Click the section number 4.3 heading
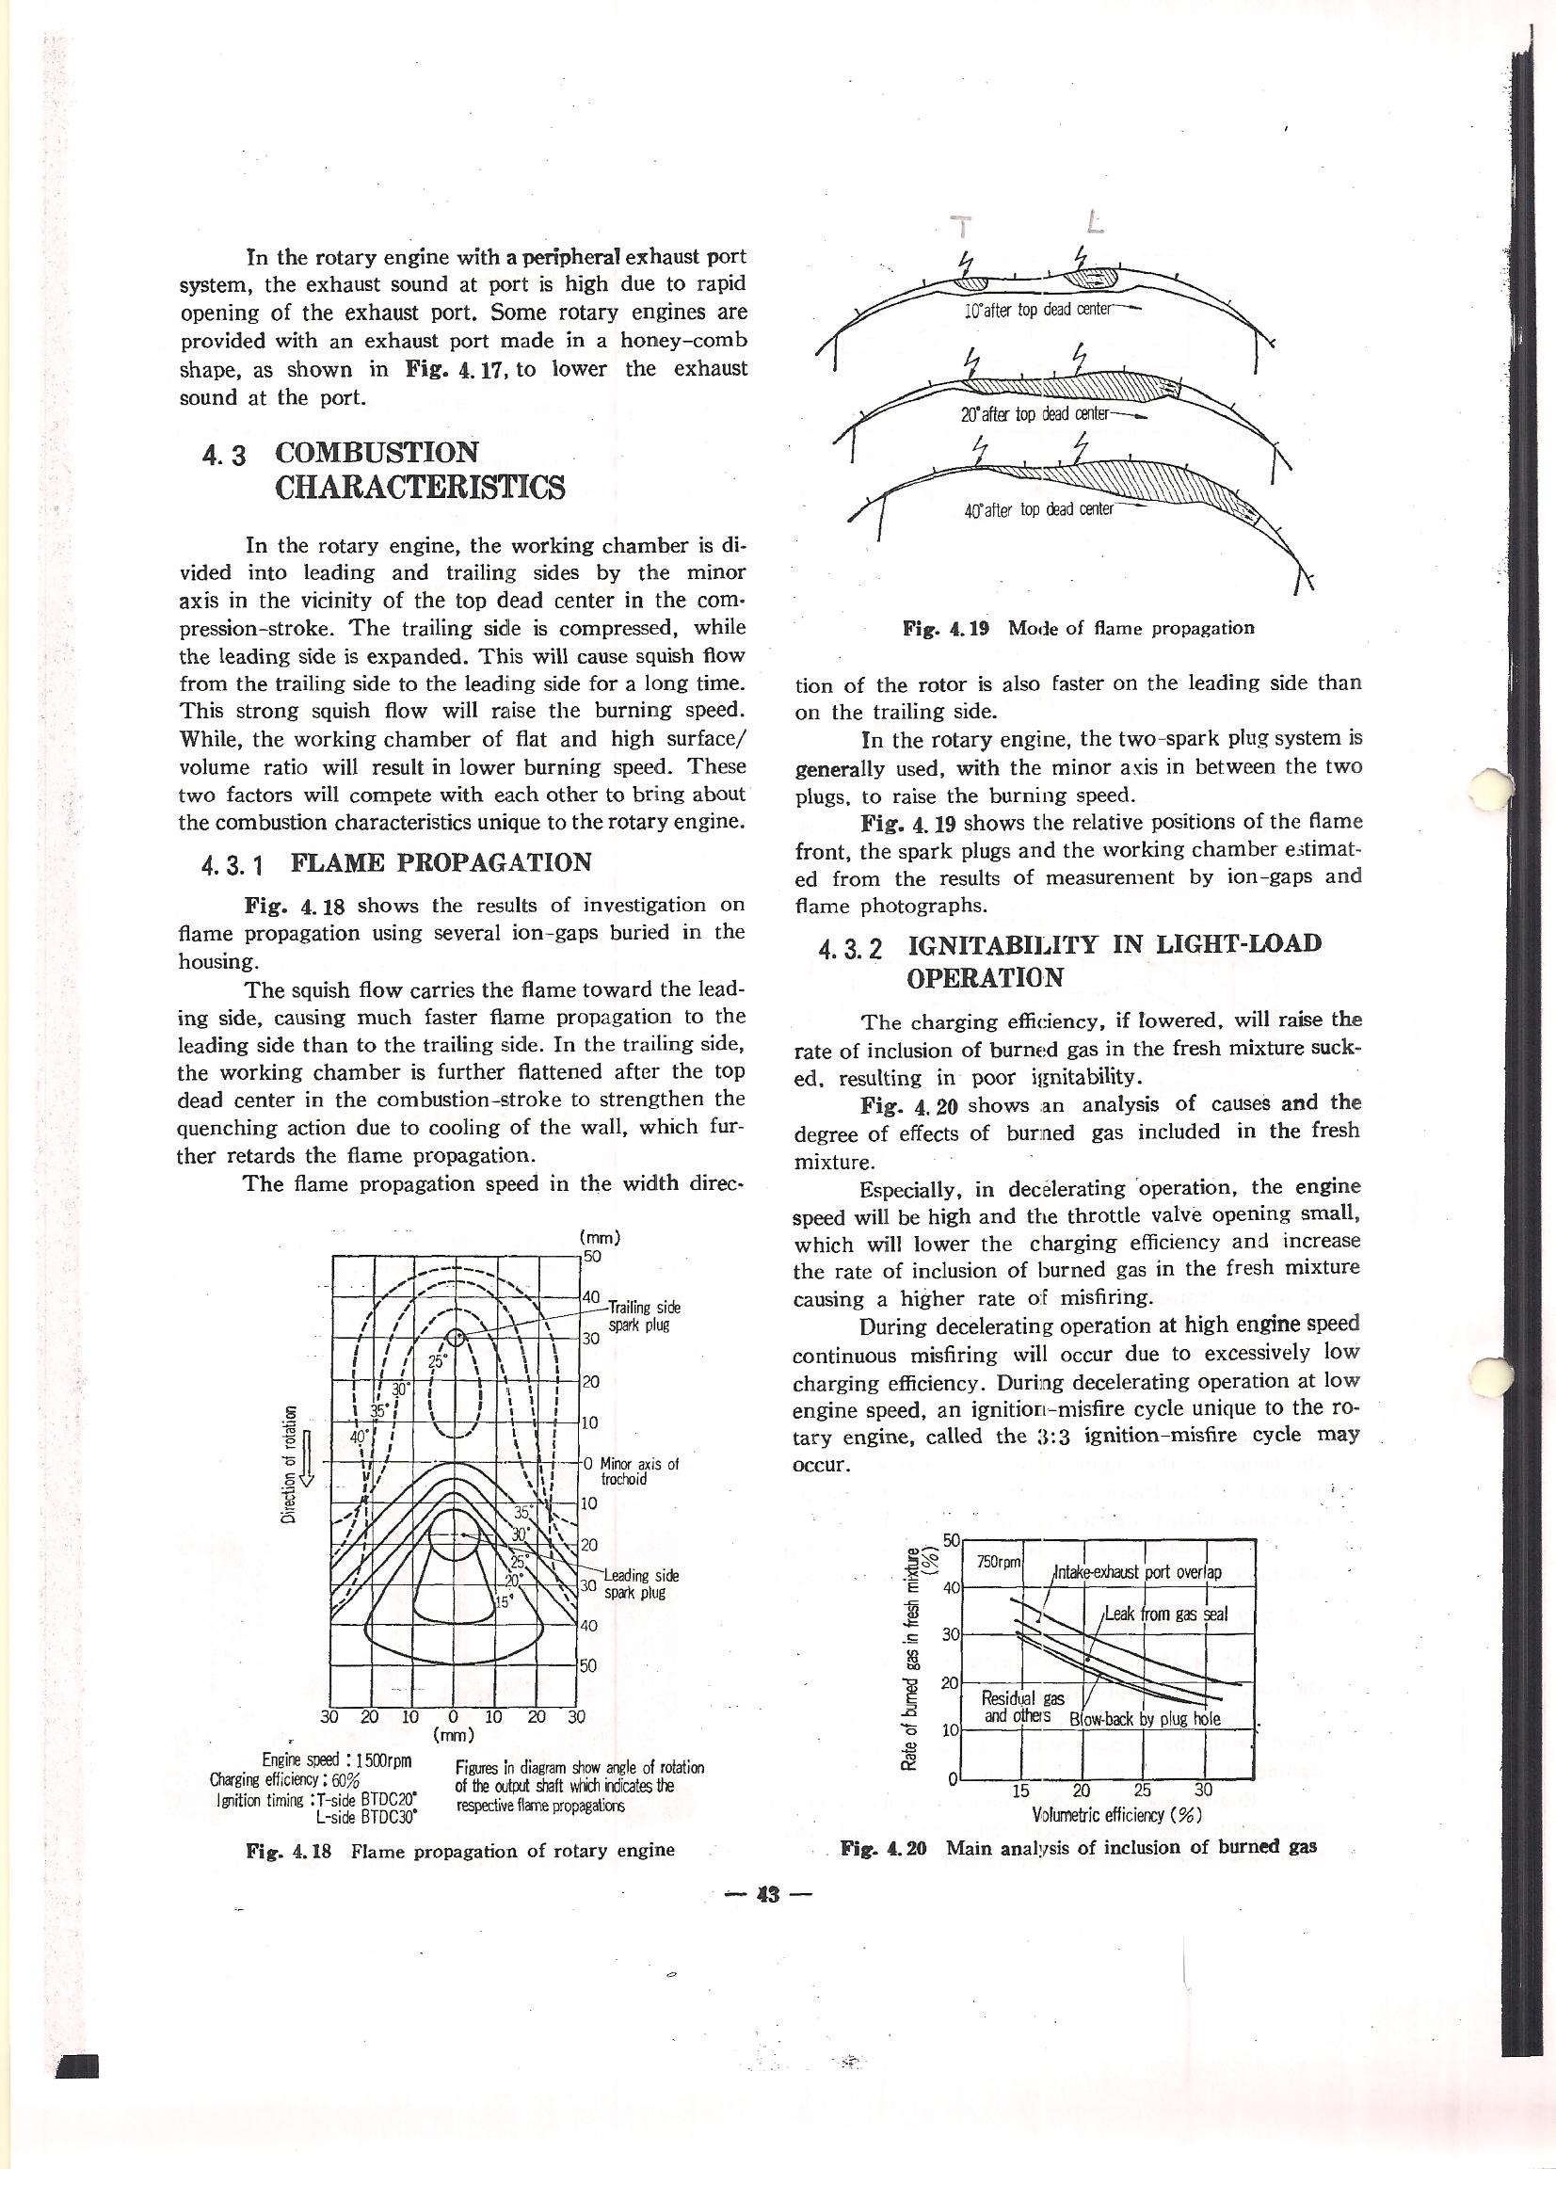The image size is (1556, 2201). [x=219, y=455]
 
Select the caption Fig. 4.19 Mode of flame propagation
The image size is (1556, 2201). [x=1079, y=629]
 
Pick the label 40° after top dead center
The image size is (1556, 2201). [x=1038, y=510]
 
